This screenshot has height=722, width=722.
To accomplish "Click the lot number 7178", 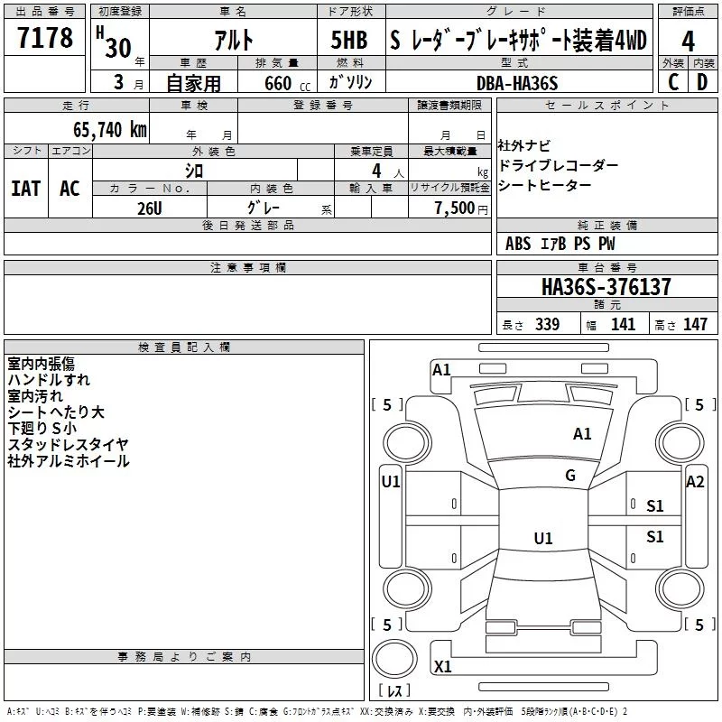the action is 45,38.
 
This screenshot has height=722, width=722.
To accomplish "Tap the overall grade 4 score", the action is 688,42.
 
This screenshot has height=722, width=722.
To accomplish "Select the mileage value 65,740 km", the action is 110,129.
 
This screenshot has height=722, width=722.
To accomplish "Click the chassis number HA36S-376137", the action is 606,286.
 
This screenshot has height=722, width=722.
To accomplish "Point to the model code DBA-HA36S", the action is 517,83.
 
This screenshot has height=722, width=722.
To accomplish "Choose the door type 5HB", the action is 349,40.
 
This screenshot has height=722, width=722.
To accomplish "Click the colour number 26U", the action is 150,208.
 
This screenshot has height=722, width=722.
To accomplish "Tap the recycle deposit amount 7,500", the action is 455,208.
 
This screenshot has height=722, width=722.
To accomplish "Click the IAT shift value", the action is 25,189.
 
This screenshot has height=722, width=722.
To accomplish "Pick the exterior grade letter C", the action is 673,82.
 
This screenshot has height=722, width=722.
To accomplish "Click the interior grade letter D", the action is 702,82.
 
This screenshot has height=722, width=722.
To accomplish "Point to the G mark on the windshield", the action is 570,475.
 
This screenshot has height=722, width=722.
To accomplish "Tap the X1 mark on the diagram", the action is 442,666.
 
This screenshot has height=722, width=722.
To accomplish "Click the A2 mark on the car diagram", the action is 695,482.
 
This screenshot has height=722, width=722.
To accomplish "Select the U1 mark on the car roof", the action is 543,538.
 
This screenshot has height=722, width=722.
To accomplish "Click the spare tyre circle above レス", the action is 394,659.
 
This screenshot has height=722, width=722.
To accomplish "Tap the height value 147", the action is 695,324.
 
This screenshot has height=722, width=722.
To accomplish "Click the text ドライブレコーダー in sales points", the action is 558,165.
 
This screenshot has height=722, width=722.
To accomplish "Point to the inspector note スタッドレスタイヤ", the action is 69,444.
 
